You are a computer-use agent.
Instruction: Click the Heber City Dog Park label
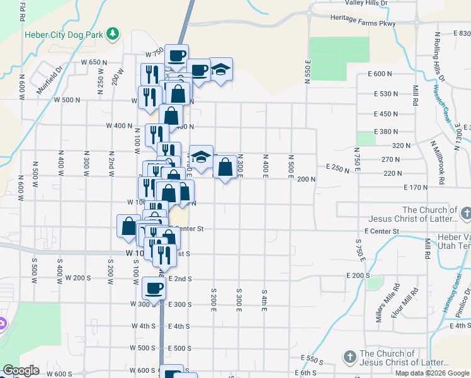point(63,35)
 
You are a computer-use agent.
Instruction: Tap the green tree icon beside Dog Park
point(112,33)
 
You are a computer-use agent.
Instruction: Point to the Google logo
point(20,370)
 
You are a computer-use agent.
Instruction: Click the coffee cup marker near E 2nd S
point(154,289)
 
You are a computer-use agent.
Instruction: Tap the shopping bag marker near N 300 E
point(225,167)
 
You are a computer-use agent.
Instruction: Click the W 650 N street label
point(86,62)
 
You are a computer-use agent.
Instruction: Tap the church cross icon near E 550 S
point(349,357)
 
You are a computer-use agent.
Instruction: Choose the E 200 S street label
point(358,276)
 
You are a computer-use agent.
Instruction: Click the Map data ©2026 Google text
point(432,373)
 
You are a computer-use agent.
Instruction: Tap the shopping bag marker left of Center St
point(128,226)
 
